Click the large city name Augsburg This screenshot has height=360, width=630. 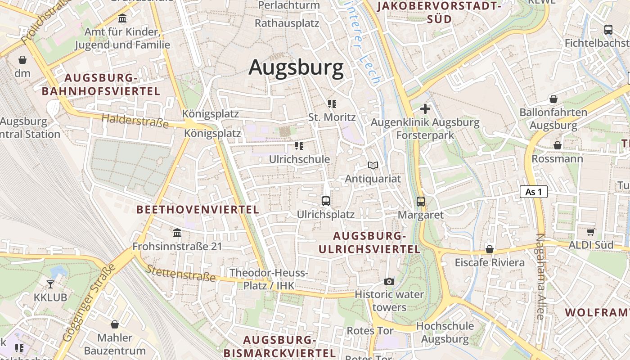tap(296, 67)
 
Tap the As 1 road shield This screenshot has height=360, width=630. tap(533, 192)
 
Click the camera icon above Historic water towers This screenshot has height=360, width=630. tap(389, 282)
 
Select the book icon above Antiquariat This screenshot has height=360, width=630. tap(373, 166)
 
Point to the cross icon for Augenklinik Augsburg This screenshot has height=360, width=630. tap(425, 108)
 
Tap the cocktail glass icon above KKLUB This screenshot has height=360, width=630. tap(50, 284)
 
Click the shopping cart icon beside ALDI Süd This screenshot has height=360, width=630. tap(590, 232)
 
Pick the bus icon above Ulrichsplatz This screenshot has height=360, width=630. tap(326, 201)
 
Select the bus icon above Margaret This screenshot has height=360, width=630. tap(421, 201)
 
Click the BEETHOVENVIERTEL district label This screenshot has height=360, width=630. tap(198, 209)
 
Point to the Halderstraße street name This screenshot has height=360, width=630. tap(135, 121)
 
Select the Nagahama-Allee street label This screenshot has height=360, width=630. tap(540, 277)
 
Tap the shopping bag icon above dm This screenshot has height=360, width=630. tap(22, 60)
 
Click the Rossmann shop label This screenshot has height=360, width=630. tap(557, 159)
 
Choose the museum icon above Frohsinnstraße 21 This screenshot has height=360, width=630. tap(177, 233)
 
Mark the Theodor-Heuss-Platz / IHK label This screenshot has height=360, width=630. tap(269, 279)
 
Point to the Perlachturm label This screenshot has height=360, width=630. tap(289, 5)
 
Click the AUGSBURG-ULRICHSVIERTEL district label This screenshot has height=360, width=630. tap(369, 243)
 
